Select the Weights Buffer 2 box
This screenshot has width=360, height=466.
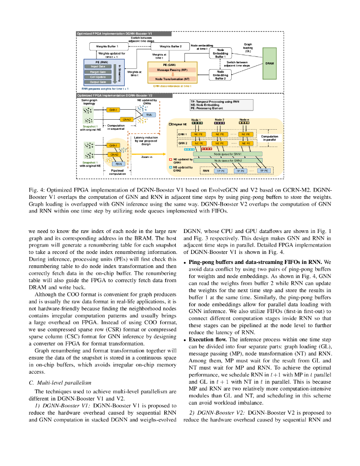point(170,46)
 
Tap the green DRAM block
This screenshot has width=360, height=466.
point(269,63)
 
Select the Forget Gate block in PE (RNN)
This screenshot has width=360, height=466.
point(98,71)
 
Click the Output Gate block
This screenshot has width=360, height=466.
point(98,82)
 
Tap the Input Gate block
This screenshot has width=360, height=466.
point(98,66)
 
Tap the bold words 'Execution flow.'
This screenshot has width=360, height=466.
point(208,339)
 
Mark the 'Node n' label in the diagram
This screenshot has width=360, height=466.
point(245,120)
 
